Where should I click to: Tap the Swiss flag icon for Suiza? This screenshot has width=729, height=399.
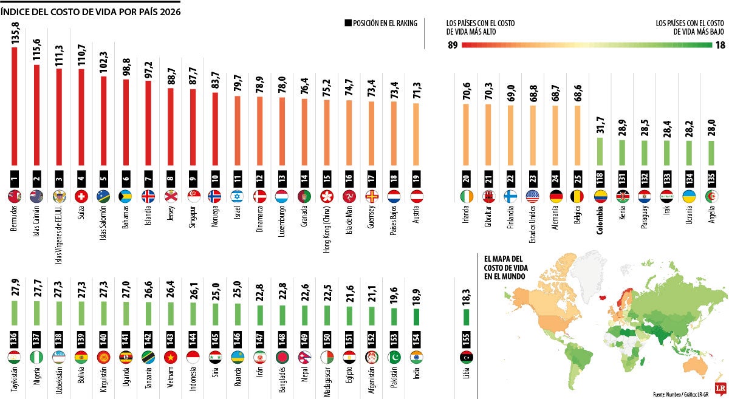pos(81,196)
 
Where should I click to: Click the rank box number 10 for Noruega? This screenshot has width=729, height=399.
pos(215,180)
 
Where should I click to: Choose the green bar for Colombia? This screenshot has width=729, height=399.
pos(600,152)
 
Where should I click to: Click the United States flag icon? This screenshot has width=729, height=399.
pos(533,196)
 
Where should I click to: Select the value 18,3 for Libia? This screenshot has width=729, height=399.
pos(467,291)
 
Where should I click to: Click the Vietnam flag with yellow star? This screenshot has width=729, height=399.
pos(171,356)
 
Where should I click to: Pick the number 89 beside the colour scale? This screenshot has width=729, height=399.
pos(451,45)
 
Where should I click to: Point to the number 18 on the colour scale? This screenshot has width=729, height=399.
pos(719,45)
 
